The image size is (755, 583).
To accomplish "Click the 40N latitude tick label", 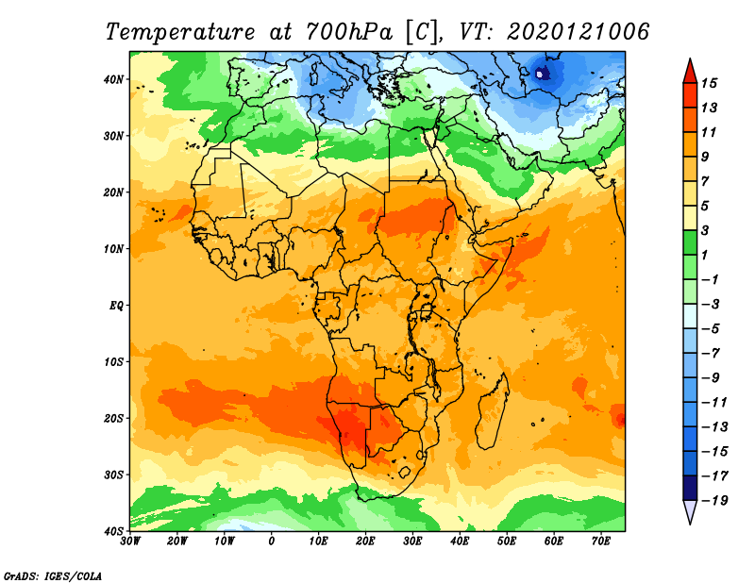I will pyautogui.click(x=113, y=79).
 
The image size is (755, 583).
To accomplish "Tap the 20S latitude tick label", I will pyautogui.click(x=113, y=418).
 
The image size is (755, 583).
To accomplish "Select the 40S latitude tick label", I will pyautogui.click(x=113, y=531).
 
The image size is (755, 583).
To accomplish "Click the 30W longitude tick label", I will pyautogui.click(x=130, y=541).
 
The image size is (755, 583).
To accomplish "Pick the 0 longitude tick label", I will pyautogui.click(x=272, y=541).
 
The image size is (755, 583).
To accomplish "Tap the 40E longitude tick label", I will pyautogui.click(x=460, y=541).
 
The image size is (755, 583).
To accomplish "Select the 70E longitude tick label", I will pyautogui.click(x=600, y=541).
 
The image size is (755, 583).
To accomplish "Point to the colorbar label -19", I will pyautogui.click(x=722, y=501).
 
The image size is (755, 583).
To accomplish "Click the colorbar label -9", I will pyautogui.click(x=722, y=377).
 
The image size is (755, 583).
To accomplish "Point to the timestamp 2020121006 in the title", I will pyautogui.click(x=578, y=31).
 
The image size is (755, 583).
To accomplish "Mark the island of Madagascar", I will pyautogui.click(x=491, y=410).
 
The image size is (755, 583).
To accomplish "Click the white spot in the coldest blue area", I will pyautogui.click(x=540, y=73).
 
